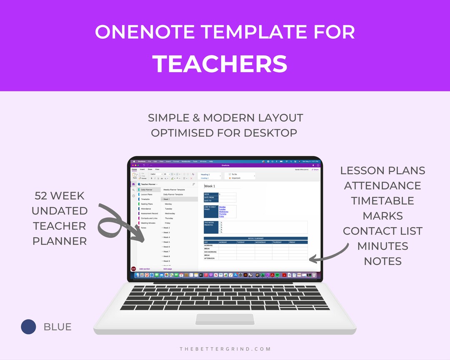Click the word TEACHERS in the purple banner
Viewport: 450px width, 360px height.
pos(220,64)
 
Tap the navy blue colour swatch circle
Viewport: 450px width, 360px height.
pos(29,327)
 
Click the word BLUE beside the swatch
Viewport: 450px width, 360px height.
pos(57,327)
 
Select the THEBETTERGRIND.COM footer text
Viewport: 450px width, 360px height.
pos(225,349)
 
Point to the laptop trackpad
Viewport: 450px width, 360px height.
pos(225,319)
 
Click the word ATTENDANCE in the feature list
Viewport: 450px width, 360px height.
pos(382,185)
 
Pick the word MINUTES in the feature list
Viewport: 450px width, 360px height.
pos(382,246)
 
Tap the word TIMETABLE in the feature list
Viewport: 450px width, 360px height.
pos(382,200)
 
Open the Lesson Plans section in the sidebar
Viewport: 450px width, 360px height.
pos(147,195)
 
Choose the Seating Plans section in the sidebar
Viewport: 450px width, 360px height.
pos(147,204)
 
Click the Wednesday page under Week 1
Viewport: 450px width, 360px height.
pos(170,213)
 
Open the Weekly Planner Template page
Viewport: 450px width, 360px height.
pos(174,190)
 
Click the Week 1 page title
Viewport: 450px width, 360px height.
pos(210,186)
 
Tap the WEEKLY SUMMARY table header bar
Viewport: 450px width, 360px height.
pos(256,238)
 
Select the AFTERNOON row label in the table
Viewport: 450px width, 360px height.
pos(210,258)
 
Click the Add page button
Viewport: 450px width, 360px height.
pos(167,269)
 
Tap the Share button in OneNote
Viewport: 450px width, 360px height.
pos(315,170)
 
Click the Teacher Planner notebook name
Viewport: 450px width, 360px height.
pos(148,184)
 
